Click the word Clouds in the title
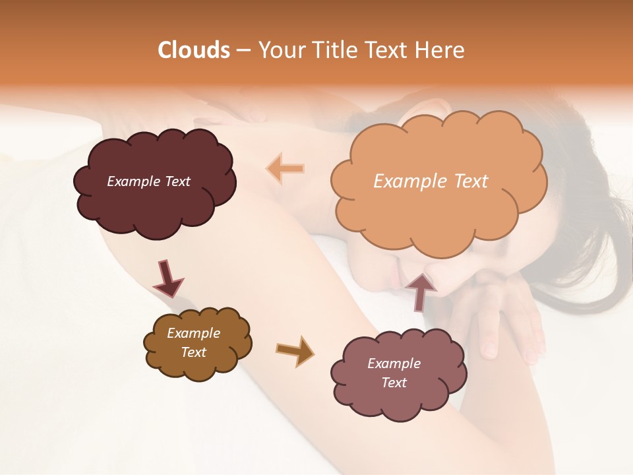tap(194, 50)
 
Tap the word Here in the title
tap(440, 50)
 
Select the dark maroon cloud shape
tap(154, 198)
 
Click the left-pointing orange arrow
tap(286, 168)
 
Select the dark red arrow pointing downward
tap(168, 278)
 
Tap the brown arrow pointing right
tap(295, 350)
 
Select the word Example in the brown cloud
tap(193, 333)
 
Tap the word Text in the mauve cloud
tap(394, 383)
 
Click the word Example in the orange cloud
tap(409, 181)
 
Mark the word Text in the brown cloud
tap(193, 352)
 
